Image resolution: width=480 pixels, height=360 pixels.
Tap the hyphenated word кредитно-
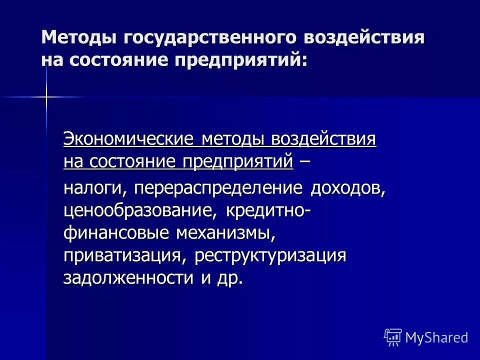[x=268, y=210]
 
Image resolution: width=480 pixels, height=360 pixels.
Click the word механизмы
[x=225, y=233]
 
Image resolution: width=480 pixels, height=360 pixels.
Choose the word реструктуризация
[x=270, y=255]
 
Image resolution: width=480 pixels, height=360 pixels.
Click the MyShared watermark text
[x=436, y=337]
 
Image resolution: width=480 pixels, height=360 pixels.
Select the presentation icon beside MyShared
[x=393, y=337]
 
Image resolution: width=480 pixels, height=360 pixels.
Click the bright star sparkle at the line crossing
[x=46, y=96]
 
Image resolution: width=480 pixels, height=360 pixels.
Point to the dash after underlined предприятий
[x=303, y=161]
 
